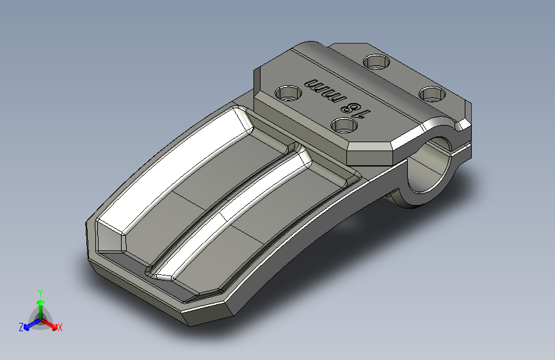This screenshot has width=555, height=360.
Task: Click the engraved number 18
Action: [356, 109]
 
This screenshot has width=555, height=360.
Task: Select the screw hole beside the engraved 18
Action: [344, 125]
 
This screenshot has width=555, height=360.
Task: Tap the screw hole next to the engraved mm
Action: [288, 94]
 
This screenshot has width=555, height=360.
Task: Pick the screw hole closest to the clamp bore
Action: [432, 94]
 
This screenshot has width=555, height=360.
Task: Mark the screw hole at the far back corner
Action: [376, 61]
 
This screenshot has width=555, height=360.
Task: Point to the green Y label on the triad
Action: [40, 293]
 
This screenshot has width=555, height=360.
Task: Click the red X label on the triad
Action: [60, 327]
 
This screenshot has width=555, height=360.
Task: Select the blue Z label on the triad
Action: [21, 327]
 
